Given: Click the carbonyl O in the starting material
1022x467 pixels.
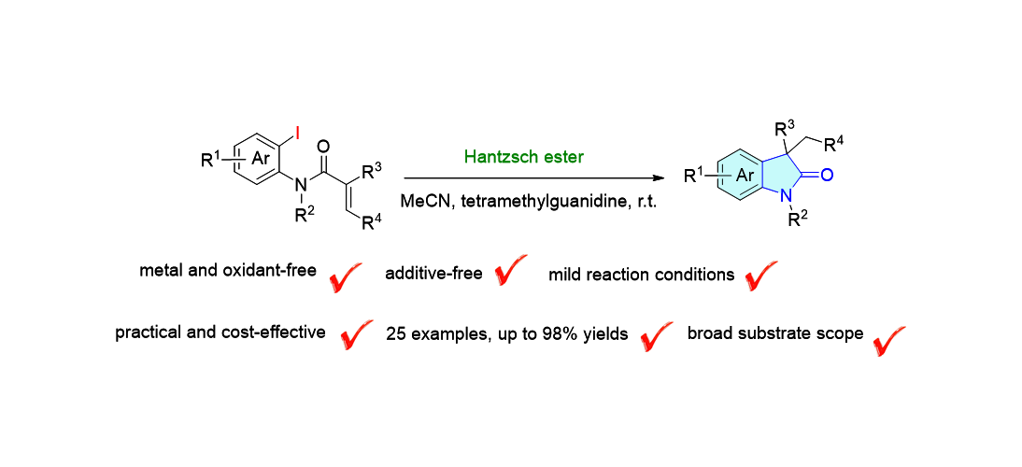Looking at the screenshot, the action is tap(323, 147).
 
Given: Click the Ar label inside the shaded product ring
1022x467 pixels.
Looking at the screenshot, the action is tap(745, 175).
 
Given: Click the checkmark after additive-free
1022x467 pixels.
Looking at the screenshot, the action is tap(510, 271).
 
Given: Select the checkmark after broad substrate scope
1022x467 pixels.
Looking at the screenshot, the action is tap(889, 338).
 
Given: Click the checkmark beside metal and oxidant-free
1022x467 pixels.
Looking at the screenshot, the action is tap(347, 276).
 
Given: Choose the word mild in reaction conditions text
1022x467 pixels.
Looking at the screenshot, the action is tap(564, 275).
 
